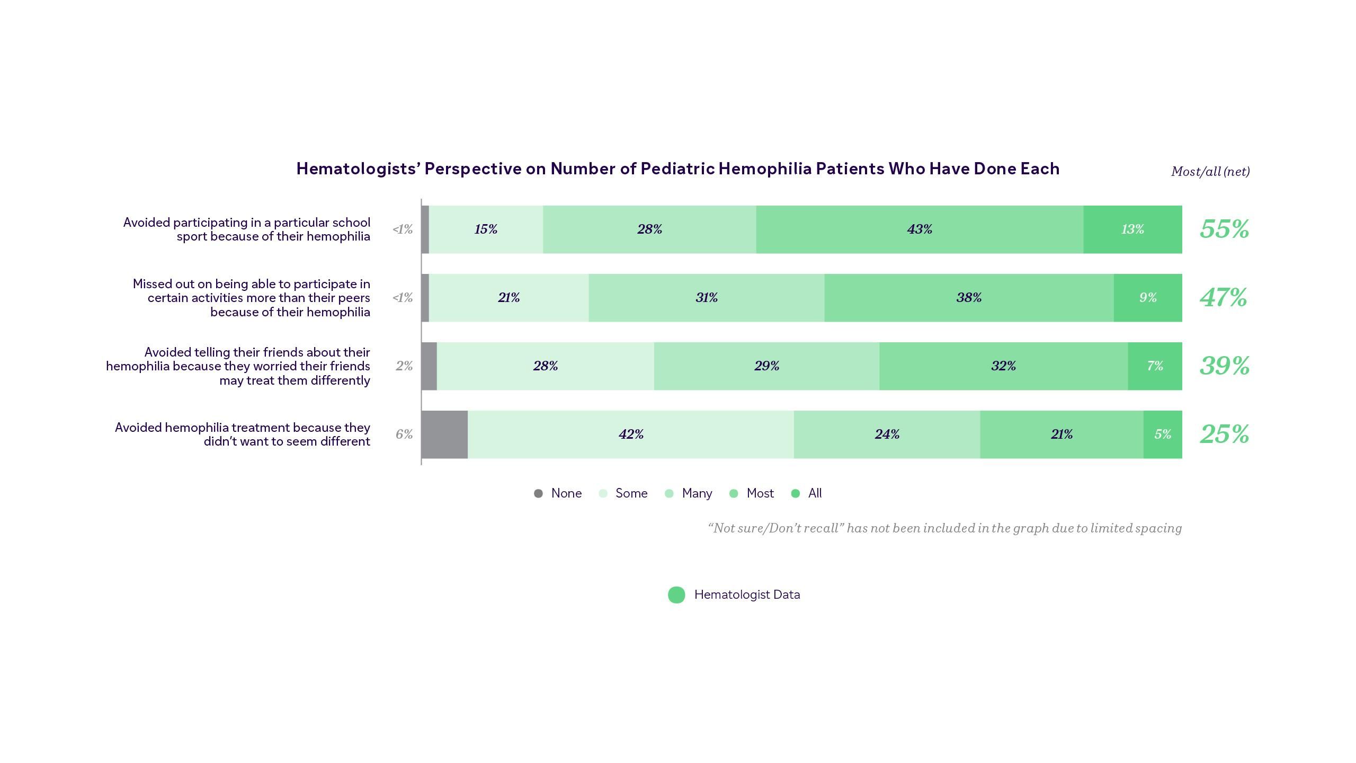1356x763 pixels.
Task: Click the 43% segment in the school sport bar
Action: [x=920, y=229]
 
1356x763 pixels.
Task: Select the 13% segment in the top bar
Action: [x=1132, y=229]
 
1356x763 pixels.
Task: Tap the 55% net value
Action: [x=1224, y=229]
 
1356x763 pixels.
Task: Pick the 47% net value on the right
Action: [x=1223, y=298]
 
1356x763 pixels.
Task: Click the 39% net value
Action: [x=1224, y=366]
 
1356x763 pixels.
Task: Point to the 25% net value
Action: [x=1224, y=434]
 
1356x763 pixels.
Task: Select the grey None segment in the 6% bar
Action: [x=444, y=434]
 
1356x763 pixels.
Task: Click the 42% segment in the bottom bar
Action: [x=631, y=434]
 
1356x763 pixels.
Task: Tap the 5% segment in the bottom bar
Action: [x=1163, y=434]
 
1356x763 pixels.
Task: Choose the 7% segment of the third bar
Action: [x=1155, y=366]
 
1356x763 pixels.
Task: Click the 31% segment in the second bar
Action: [x=707, y=298]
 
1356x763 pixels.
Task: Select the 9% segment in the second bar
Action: [x=1148, y=298]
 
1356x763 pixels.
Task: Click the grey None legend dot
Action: [x=538, y=494]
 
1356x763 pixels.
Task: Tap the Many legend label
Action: [x=697, y=494]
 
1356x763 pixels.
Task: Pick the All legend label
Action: [x=815, y=494]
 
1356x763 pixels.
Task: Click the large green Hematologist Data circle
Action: [x=676, y=595]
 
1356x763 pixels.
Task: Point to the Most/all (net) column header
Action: [x=1210, y=172]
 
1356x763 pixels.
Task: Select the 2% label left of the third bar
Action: [x=404, y=366]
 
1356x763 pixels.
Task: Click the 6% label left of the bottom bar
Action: [x=404, y=434]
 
